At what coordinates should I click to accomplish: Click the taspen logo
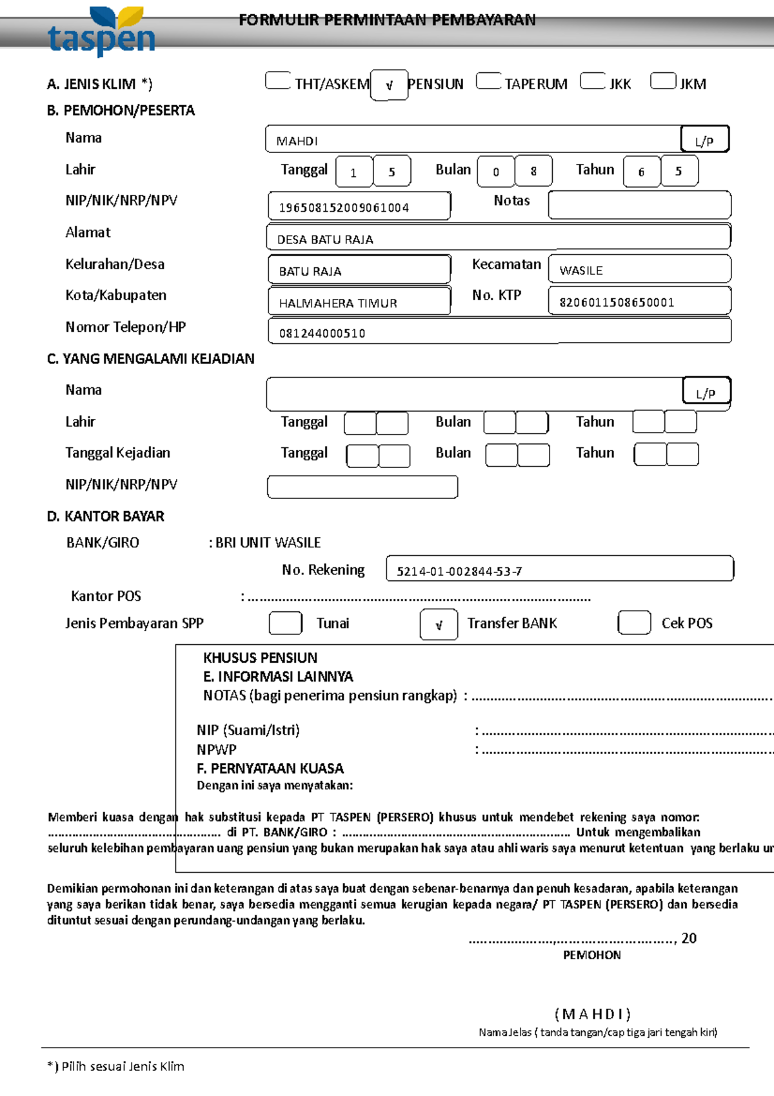[x=101, y=32]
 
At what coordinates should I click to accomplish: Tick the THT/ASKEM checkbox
[x=278, y=81]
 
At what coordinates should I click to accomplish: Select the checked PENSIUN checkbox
[x=389, y=85]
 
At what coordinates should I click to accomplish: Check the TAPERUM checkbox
[x=488, y=81]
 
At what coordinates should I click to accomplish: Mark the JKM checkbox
[x=663, y=81]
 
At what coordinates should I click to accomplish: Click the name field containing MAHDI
[x=473, y=139]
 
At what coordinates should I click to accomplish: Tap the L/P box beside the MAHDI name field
[x=704, y=140]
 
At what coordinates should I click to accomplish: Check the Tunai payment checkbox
[x=285, y=623]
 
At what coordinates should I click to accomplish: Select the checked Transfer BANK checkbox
[x=439, y=624]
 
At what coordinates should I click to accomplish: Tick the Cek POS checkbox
[x=634, y=623]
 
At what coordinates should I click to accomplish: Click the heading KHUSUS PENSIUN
[x=260, y=658]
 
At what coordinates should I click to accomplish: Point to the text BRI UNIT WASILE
[x=268, y=543]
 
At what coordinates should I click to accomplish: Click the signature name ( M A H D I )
[x=592, y=1013]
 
